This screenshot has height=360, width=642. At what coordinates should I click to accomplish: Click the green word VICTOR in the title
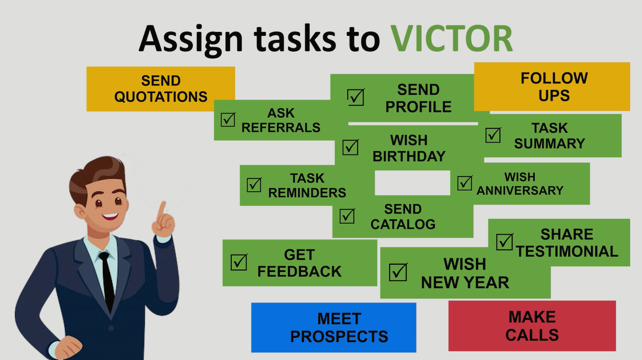452,39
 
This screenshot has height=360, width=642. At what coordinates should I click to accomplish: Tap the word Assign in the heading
191,39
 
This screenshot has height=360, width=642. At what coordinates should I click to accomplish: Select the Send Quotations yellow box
160,89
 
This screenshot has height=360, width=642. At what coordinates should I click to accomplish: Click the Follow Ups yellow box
552,87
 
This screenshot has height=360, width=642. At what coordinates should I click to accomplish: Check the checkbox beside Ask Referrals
228,119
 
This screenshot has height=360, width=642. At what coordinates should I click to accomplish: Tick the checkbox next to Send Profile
356,97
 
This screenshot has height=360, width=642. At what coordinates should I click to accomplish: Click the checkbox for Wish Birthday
350,147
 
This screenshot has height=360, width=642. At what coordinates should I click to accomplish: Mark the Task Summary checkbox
493,135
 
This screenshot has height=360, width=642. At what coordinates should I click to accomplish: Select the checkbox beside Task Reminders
254,185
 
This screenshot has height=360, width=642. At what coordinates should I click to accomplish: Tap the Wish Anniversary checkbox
464,183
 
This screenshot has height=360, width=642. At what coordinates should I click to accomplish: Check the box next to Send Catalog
347,216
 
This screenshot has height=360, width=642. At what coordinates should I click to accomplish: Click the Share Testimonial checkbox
504,241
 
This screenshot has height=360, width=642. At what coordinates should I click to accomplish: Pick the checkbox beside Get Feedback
239,262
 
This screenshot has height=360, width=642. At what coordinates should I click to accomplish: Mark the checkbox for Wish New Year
398,272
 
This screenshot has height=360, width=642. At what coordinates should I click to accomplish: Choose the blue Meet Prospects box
334,328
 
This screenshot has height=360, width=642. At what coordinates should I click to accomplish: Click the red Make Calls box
532,326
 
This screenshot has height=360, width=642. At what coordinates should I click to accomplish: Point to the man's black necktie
107,281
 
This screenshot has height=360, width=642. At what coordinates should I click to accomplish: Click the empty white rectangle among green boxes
412,183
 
